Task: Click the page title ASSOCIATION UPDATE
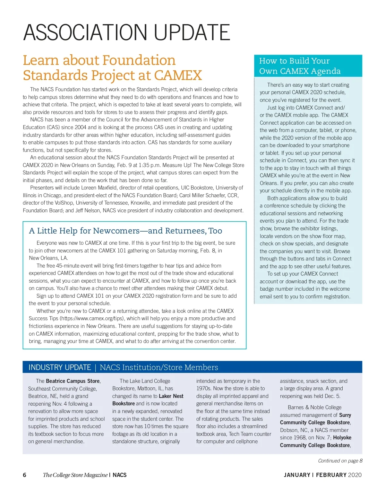tap(126, 32)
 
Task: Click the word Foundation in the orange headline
tap(139, 60)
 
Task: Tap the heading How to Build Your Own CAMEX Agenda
tap(300, 66)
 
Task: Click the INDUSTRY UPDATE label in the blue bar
tap(60, 367)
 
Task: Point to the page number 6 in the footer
tap(25, 475)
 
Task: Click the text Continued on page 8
tap(340, 461)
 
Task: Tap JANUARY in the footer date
tap(297, 475)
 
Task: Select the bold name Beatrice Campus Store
tap(73, 381)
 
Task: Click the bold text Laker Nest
tap(171, 396)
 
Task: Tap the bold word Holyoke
tap(342, 438)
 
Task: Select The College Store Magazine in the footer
tap(75, 475)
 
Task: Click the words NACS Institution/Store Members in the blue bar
tap(159, 367)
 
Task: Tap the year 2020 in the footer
tap(355, 475)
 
